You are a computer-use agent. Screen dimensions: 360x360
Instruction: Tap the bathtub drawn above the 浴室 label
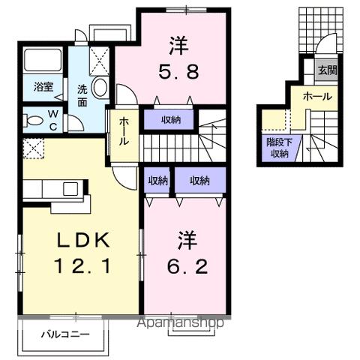(43, 61)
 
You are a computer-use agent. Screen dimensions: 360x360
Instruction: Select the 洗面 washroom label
(81, 95)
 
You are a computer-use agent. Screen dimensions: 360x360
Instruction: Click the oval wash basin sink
(100, 88)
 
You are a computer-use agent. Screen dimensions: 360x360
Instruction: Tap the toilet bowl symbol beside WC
(33, 120)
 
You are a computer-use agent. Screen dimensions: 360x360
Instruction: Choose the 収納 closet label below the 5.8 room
(169, 118)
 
